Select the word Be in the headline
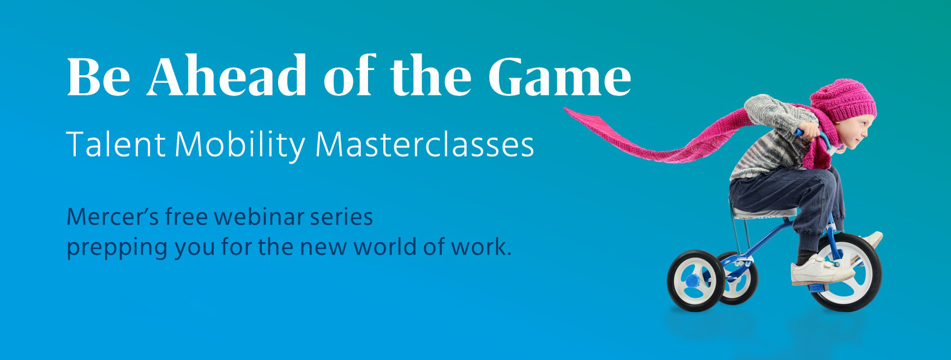pyautogui.click(x=99, y=76)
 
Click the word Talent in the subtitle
pyautogui.click(x=116, y=145)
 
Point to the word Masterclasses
pyautogui.click(x=425, y=145)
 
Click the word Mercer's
pyautogui.click(x=112, y=217)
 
